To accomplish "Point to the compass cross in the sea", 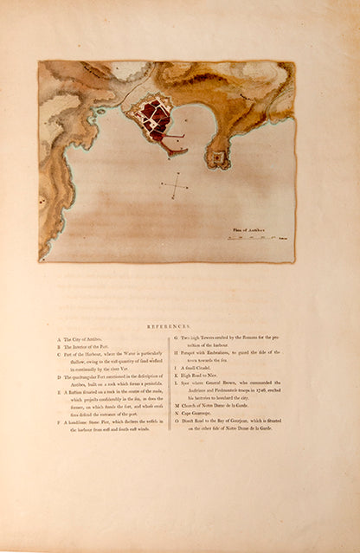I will [x=175, y=185].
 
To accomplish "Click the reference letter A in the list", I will [x=58, y=340].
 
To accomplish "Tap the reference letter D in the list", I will [x=58, y=377].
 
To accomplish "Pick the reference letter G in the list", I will [x=177, y=340].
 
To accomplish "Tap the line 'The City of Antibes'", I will [x=86, y=340].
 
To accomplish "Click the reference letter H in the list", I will [x=177, y=355].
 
